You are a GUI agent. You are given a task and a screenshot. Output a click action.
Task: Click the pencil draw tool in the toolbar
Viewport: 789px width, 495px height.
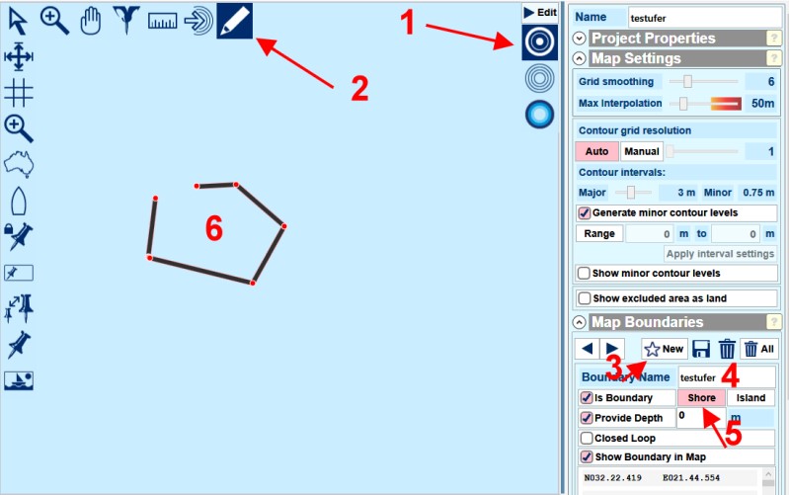pos(234,21)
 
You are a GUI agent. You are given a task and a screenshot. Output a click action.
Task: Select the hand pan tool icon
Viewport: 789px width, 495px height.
pos(91,22)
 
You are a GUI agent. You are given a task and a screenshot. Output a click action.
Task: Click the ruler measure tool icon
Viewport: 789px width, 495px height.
pos(163,21)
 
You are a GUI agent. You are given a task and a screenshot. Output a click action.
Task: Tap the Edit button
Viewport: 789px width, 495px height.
pos(540,13)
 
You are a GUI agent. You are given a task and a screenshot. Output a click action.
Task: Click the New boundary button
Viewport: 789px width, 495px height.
pos(665,349)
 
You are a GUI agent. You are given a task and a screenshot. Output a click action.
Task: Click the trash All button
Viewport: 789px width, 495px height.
pos(759,349)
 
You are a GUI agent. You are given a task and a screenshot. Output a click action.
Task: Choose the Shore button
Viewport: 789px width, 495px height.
pos(701,398)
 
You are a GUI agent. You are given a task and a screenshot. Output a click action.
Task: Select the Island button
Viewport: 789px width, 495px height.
pos(750,398)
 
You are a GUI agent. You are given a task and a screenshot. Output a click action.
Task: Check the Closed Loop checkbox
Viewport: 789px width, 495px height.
pos(587,438)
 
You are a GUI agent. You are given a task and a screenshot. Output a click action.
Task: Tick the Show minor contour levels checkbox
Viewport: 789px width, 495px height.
pos(584,274)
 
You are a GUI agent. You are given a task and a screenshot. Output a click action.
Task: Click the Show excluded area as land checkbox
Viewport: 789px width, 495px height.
pos(585,298)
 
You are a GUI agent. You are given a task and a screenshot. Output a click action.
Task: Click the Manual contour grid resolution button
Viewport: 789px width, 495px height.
pos(642,151)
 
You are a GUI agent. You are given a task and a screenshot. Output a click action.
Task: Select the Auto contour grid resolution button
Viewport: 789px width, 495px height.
pos(596,151)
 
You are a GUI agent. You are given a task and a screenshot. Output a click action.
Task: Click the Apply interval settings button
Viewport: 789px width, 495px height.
pos(720,254)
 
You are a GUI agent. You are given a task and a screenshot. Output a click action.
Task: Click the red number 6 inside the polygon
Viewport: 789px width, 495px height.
pos(214,228)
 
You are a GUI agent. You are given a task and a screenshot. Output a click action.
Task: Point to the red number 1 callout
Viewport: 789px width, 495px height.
pos(408,23)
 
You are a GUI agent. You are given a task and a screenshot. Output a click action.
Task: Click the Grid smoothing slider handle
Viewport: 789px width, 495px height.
pos(687,81)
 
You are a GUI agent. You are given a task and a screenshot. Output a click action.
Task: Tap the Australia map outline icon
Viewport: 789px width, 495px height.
pos(19,164)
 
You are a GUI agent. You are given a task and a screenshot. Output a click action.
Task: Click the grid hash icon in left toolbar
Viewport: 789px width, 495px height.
pos(19,93)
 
